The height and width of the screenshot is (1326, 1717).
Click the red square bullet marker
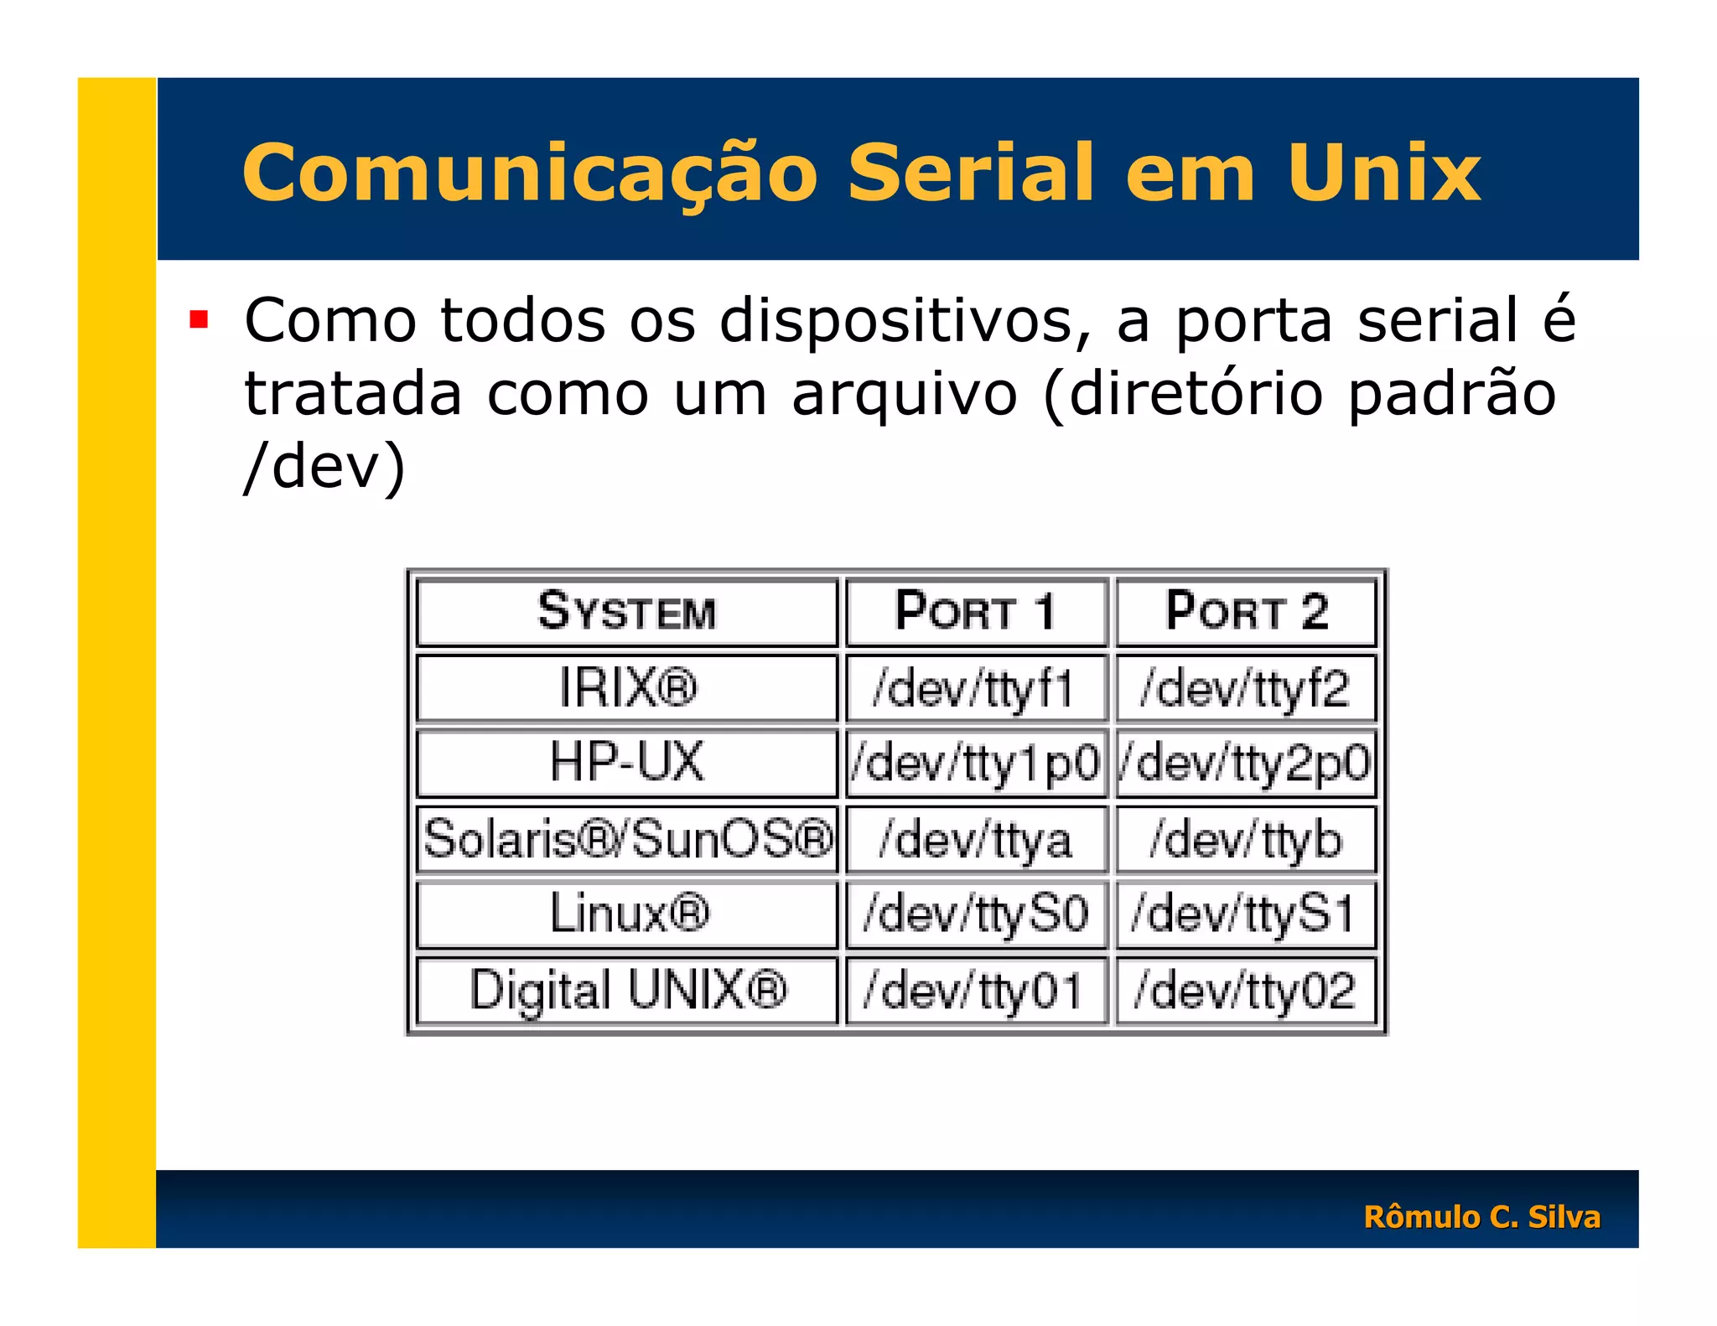199,319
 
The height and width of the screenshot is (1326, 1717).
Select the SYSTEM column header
626,611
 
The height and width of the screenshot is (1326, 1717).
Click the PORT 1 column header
975,611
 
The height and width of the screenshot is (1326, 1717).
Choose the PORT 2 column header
1246,611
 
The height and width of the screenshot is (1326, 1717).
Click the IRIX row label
627,688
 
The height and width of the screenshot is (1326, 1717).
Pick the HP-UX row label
626,762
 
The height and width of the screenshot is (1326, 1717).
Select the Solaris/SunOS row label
627,838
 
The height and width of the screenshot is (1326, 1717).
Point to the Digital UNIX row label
627,990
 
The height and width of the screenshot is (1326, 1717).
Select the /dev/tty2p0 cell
1246,763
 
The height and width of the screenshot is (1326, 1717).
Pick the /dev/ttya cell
975,839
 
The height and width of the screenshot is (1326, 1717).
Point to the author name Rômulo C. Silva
1481,1216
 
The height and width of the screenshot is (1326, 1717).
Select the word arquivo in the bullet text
904,393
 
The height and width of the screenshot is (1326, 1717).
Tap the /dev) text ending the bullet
325,466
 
